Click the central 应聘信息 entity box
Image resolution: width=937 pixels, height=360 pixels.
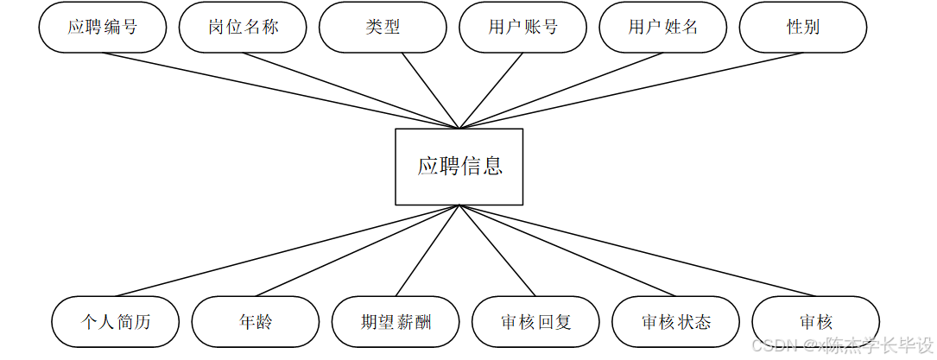(459, 167)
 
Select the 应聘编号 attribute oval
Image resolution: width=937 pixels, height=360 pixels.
(102, 27)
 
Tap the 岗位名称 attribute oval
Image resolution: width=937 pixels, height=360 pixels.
(243, 27)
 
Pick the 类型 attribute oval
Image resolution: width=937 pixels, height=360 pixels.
(383, 27)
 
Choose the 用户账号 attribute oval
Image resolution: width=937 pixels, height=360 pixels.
(522, 27)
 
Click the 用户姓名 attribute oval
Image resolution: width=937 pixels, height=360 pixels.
(662, 27)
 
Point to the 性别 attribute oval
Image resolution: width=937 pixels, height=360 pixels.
(802, 27)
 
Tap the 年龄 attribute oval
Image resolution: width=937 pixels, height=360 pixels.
(255, 322)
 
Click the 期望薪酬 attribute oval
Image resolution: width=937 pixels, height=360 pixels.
(396, 322)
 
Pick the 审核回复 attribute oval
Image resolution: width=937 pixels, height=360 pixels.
(535, 322)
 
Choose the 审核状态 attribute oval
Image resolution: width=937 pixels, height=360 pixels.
(675, 322)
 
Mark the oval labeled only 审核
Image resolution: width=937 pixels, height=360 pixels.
(815, 322)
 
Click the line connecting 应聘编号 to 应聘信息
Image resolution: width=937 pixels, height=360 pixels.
(281, 91)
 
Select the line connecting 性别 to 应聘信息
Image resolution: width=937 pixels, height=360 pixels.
(631, 91)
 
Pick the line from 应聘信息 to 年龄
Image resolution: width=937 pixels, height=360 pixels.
(358, 250)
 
